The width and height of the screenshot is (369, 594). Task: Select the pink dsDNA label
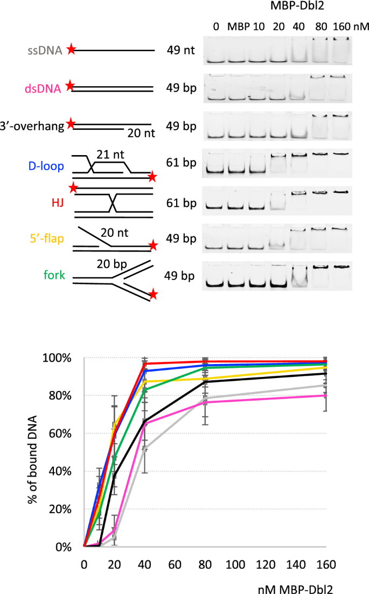point(48,88)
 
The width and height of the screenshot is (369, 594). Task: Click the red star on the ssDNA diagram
point(71,51)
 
